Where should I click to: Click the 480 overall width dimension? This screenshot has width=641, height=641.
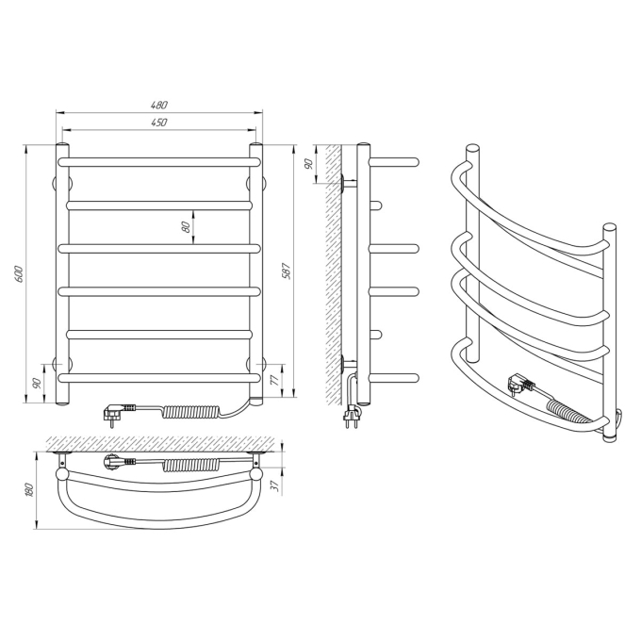pyautogui.click(x=159, y=105)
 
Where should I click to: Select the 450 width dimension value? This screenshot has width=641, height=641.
pyautogui.click(x=159, y=123)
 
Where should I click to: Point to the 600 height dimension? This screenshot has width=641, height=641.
pyautogui.click(x=19, y=274)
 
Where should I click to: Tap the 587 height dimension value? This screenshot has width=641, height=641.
pyautogui.click(x=287, y=271)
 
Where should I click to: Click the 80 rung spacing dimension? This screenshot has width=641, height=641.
pyautogui.click(x=186, y=227)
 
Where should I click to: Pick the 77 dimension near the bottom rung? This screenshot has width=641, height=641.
pyautogui.click(x=275, y=380)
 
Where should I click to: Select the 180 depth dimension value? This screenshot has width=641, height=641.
pyautogui.click(x=29, y=490)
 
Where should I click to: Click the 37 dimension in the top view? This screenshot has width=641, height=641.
pyautogui.click(x=275, y=485)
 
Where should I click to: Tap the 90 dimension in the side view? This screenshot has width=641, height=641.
pyautogui.click(x=309, y=164)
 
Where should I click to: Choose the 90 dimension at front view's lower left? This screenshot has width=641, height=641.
pyautogui.click(x=37, y=383)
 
